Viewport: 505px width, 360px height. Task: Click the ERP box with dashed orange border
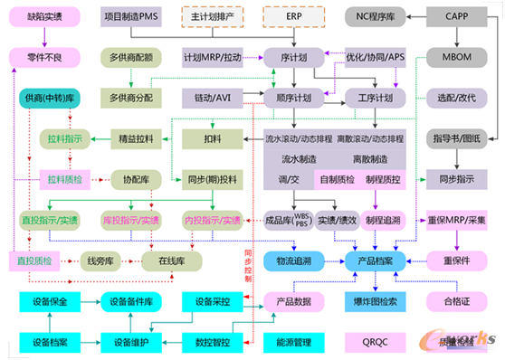294,17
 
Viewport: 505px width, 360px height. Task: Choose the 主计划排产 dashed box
214,17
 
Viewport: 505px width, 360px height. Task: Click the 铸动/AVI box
214,97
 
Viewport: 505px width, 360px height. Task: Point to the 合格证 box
458,299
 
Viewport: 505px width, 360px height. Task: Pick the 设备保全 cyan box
51,300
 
